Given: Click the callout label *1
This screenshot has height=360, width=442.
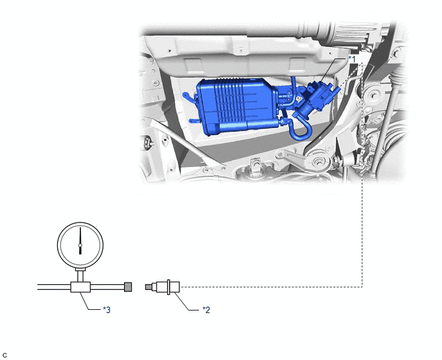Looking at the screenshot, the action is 352,59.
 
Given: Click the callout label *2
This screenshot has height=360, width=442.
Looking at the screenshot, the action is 206,310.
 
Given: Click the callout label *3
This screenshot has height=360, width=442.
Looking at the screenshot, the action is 107,310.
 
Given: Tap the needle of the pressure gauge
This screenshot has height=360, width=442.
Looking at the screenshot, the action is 80,240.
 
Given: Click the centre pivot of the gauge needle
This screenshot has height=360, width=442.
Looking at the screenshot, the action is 80,246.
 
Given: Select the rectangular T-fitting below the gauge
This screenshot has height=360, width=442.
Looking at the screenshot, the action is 80,287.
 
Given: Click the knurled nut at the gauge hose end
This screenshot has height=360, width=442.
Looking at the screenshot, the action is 128,287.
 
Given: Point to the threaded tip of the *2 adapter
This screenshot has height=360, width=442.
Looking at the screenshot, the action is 148,287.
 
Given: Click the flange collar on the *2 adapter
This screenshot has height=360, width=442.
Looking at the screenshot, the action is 168,287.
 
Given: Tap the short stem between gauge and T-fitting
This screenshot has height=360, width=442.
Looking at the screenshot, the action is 80,276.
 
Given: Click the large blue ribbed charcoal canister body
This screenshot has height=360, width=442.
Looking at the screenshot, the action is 235,106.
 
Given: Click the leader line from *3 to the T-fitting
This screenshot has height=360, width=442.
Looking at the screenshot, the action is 91,303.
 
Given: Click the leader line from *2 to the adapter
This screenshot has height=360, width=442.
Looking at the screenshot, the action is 187,302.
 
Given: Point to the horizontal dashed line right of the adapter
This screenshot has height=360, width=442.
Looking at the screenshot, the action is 271,287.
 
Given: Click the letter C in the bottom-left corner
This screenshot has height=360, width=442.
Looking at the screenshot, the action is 4,355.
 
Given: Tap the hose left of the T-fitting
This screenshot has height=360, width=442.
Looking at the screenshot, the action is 54,287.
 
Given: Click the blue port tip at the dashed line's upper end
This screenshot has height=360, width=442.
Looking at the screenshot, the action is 337,90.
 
